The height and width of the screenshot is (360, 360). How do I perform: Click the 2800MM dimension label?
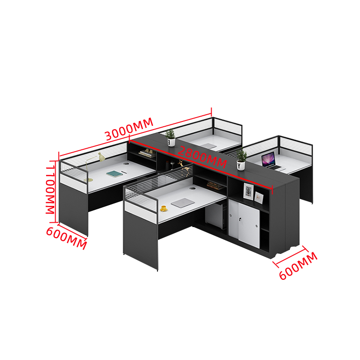point(202,156)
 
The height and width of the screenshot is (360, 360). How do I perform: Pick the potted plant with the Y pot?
point(241,160)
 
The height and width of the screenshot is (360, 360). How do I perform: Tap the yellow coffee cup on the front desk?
point(164,208)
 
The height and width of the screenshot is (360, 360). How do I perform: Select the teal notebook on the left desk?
point(115,174)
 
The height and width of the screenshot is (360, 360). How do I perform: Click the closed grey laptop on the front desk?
point(182,203)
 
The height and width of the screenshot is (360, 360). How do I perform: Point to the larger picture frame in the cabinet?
point(248,191)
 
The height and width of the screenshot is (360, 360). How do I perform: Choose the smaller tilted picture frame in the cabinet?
point(259,196)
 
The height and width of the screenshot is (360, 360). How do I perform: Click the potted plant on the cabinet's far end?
point(170,136)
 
